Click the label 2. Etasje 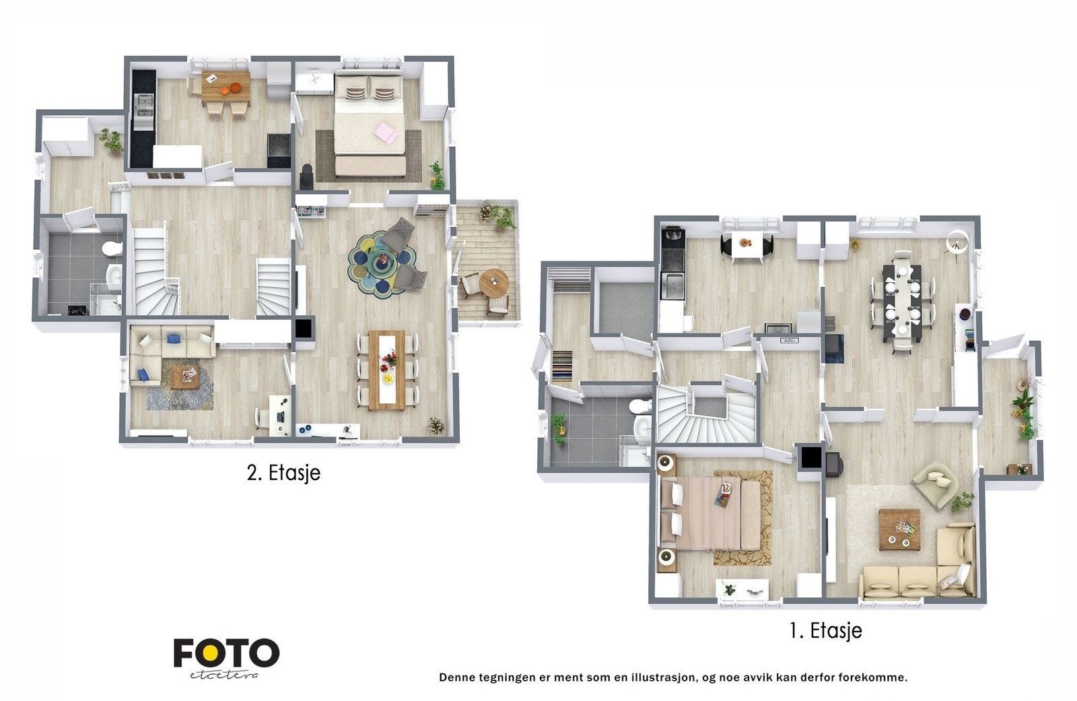point(283,473)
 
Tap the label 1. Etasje point(825,630)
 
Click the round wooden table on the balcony point(494,284)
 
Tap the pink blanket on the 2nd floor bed point(386,133)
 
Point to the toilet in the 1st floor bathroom point(640,407)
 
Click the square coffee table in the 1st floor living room point(899,530)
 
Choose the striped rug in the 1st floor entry point(562,366)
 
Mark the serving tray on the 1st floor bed point(725,495)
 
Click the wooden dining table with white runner point(386,370)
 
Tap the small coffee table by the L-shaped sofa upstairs point(184,376)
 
